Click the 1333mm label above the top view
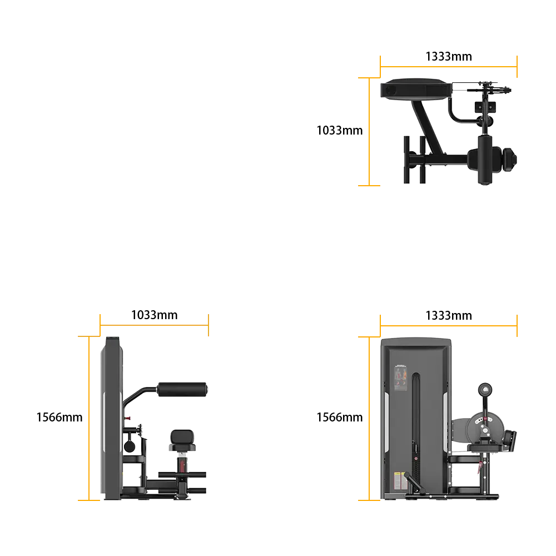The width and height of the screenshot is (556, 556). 449,56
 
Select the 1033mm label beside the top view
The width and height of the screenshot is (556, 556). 339,131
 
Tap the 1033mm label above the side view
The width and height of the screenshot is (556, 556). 154,315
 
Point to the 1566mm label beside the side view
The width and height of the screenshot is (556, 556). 59,418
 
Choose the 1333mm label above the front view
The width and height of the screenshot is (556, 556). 449,316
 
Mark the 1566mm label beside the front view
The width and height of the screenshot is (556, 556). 339,418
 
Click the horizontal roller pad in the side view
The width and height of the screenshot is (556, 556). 182,389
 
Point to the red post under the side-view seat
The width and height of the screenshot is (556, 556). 182,465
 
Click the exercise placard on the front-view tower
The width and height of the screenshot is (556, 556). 401,378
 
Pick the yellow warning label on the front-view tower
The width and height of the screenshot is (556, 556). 398,481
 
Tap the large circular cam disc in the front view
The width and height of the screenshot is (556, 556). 485,428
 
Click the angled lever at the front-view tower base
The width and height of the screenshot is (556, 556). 415,483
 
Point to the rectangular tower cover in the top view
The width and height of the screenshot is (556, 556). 416,88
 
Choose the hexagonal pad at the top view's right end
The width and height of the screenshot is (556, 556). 510,160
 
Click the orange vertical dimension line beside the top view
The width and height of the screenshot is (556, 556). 369,132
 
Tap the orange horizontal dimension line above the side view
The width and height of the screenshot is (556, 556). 154,325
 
